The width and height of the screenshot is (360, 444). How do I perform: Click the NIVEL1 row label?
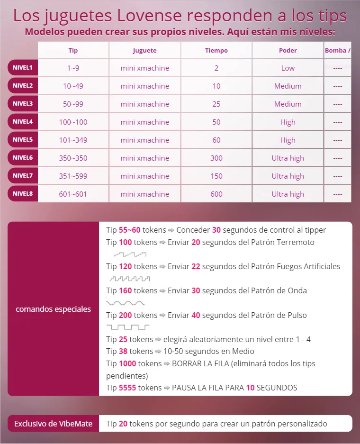tap(23, 68)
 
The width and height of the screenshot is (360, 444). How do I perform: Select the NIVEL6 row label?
tap(23, 158)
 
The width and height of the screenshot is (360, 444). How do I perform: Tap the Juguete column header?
tap(144, 50)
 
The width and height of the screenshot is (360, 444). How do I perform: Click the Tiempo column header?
tap(216, 50)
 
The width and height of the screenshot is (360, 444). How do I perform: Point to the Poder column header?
tap(288, 50)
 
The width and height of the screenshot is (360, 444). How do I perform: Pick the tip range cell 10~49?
tap(73, 86)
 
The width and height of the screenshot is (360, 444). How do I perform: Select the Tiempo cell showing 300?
tap(216, 158)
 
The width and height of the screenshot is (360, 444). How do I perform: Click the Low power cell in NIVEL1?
tap(288, 68)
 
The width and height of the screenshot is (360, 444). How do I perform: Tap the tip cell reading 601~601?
tap(73, 194)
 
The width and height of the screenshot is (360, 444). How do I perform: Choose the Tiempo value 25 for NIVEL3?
tap(216, 104)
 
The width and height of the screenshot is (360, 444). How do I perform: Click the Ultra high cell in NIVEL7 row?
tap(288, 176)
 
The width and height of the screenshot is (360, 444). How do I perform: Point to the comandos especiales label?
tap(53, 309)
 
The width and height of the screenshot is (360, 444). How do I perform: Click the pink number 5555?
tap(127, 388)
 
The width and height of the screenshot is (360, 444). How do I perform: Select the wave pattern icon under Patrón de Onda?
tap(125, 302)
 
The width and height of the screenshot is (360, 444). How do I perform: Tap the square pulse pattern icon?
tap(128, 327)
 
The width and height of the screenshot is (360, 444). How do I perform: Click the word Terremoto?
tap(295, 242)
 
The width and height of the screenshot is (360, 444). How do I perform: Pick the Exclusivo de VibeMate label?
tap(53, 424)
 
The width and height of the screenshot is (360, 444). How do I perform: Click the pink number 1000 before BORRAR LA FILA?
tap(127, 363)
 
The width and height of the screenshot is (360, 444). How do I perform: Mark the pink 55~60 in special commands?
tap(130, 230)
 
